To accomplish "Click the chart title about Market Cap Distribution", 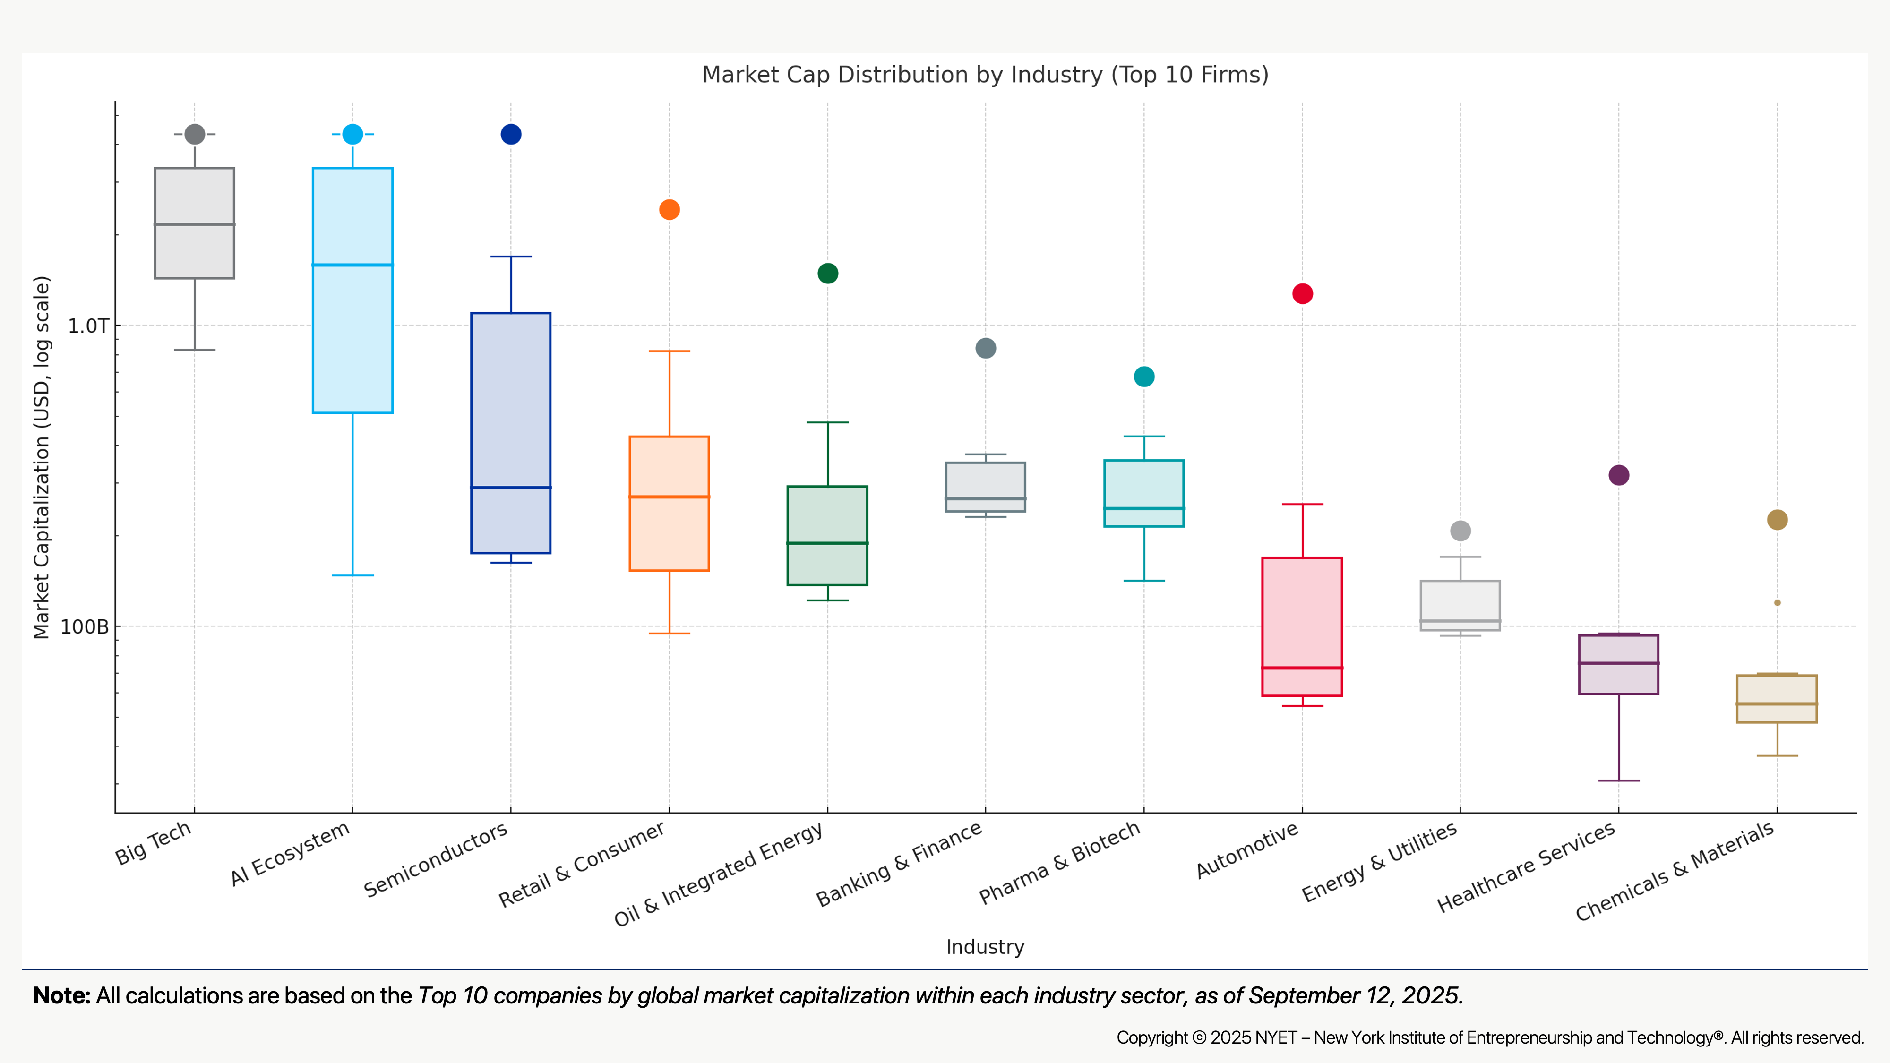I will click(985, 75).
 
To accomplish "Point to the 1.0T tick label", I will click(88, 326).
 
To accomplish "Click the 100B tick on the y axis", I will click(85, 627).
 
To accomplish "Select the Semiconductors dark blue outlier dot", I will click(511, 134).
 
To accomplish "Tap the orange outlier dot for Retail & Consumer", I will click(669, 210).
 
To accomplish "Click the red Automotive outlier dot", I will click(1302, 293).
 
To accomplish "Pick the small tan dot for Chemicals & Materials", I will click(1777, 603).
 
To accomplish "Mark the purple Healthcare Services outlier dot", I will click(1618, 475).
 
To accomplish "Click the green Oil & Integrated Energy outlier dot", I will click(828, 274).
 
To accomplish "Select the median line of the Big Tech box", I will click(194, 224).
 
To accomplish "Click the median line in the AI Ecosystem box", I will click(353, 265).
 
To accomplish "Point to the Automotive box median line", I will click(1302, 668).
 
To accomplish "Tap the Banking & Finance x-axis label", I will click(900, 864).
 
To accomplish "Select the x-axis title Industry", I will click(985, 947).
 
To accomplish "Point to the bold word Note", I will click(61, 995).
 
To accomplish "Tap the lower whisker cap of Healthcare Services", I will click(1618, 780).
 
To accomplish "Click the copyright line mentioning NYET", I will click(1489, 1037).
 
